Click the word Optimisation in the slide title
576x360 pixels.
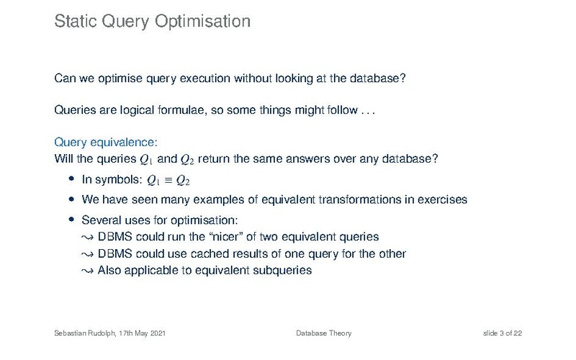(202, 22)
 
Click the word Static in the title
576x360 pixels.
(76, 21)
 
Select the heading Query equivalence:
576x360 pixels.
(106, 143)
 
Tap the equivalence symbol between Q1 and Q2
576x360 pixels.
(168, 180)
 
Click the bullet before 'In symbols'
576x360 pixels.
(71, 179)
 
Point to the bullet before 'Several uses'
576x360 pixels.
(71, 220)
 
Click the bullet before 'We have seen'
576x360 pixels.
(71, 199)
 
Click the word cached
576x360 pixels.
(215, 254)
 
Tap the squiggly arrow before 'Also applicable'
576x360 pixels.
(87, 271)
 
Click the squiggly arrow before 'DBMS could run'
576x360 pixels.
(87, 238)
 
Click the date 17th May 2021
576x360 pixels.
(142, 333)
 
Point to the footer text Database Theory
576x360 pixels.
(323, 333)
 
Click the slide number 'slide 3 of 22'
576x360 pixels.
(502, 333)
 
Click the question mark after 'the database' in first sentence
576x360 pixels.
(402, 78)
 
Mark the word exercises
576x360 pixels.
(442, 199)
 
